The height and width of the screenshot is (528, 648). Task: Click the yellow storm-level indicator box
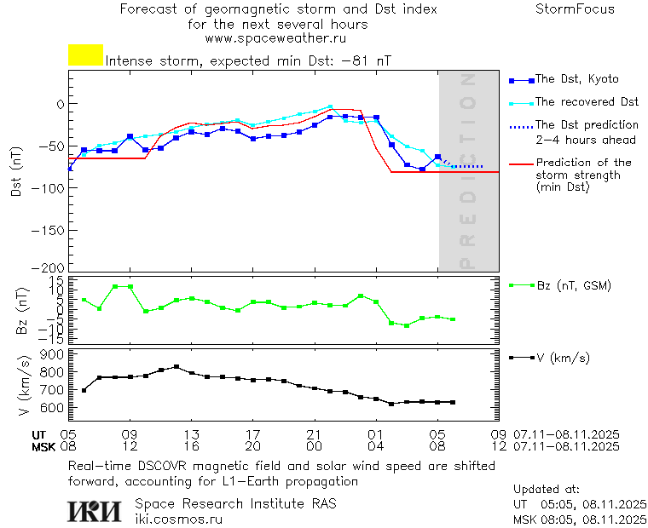[85, 55]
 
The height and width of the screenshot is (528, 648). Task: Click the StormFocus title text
[575, 10]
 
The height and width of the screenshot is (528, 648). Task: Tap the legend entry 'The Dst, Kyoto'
[576, 79]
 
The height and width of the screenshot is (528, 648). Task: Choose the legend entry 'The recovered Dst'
[587, 102]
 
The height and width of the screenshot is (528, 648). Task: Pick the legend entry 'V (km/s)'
[562, 358]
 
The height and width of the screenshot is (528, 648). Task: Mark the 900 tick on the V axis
[53, 355]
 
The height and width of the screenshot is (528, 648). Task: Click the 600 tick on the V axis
[53, 408]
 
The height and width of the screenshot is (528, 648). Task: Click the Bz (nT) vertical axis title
[22, 310]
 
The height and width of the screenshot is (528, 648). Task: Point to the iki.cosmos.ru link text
[178, 518]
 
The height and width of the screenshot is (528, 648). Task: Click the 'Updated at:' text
[547, 490]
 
